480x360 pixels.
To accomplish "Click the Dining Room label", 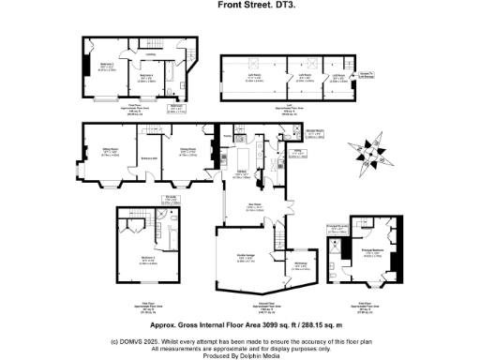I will [x=187, y=149].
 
